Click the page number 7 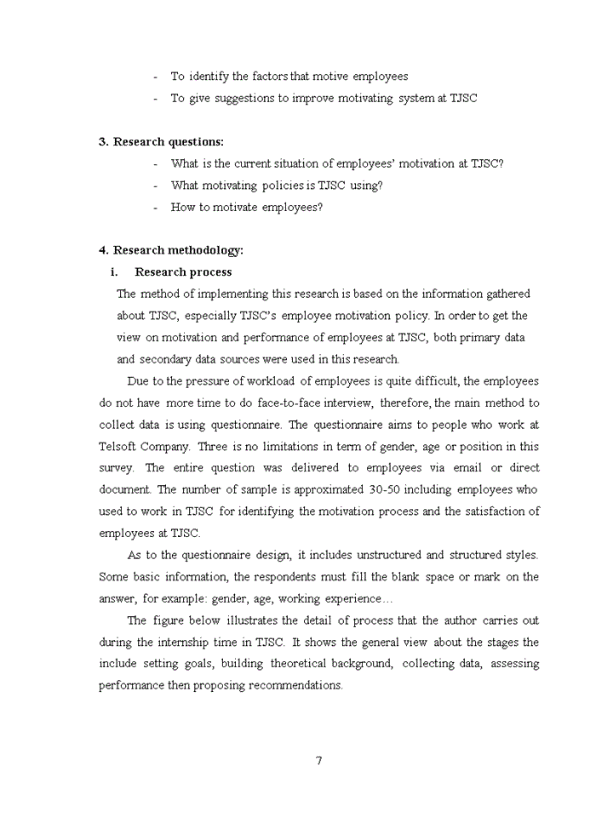318,760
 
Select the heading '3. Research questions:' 162,142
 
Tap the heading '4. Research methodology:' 171,250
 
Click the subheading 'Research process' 183,272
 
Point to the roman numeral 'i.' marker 113,272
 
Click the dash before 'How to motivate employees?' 156,208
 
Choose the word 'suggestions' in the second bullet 241,99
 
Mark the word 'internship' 175,643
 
